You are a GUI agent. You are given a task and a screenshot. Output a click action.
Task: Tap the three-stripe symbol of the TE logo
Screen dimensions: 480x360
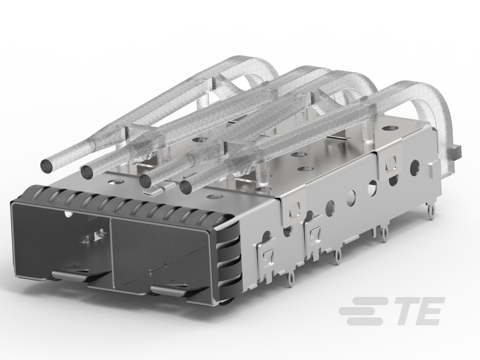(x=362, y=311)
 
